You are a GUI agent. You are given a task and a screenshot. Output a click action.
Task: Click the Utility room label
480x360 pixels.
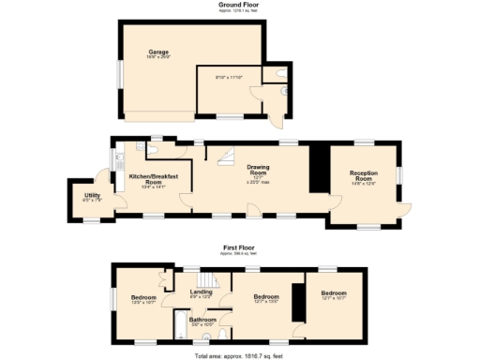point(91,197)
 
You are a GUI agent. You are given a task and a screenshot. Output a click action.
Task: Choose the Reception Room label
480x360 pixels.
point(364,174)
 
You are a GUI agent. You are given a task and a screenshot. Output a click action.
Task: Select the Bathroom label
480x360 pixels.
point(203,320)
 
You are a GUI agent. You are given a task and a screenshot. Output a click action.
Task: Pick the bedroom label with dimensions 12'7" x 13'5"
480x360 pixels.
point(267,298)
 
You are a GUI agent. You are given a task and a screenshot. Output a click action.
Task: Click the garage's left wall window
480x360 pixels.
point(119,74)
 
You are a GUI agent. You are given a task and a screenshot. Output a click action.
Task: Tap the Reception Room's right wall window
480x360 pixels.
point(400,174)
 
